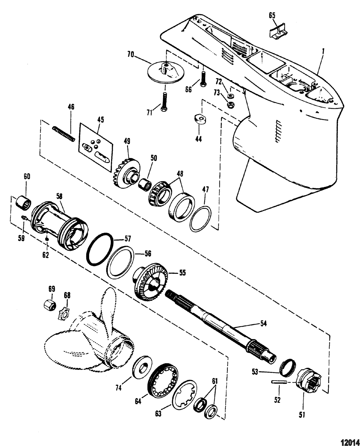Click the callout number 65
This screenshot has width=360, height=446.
[x=272, y=15]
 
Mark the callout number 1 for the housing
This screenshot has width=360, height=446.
[x=324, y=52]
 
